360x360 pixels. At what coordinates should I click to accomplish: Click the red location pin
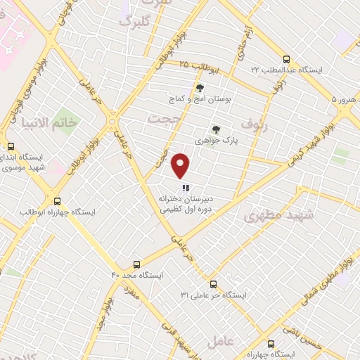pyautogui.click(x=181, y=166)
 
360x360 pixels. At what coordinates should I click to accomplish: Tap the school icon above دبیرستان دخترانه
pyautogui.click(x=186, y=188)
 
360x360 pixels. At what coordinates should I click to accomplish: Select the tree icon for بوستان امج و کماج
pyautogui.click(x=200, y=88)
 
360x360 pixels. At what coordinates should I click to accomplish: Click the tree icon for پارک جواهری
pyautogui.click(x=216, y=129)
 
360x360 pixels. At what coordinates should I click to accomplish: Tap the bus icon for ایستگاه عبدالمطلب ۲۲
pyautogui.click(x=285, y=60)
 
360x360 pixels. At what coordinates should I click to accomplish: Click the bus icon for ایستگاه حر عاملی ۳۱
pyautogui.click(x=213, y=284)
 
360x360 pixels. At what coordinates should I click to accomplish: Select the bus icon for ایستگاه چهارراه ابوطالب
pyautogui.click(x=57, y=199)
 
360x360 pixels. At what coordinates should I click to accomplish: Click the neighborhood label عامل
pyautogui.click(x=226, y=342)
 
